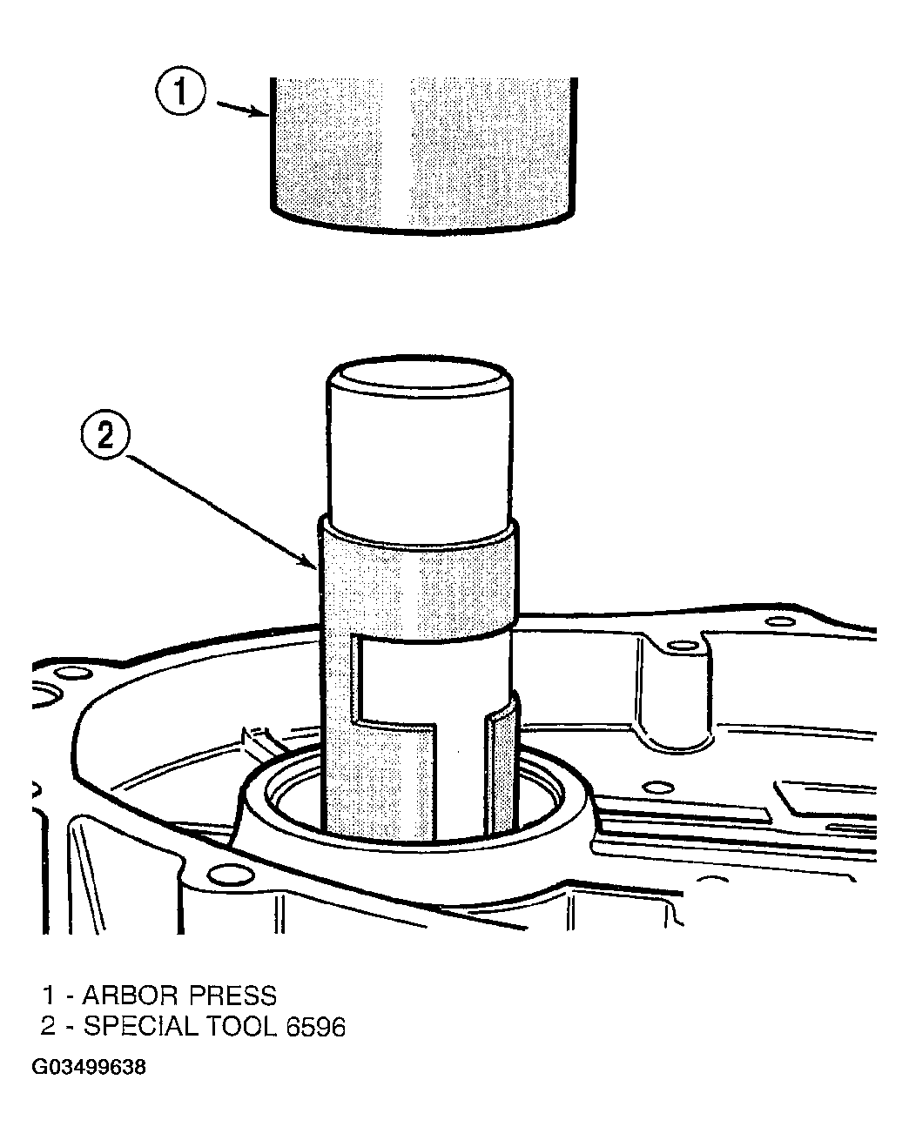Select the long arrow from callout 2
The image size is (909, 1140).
[220, 513]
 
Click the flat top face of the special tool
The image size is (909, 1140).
[420, 379]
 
